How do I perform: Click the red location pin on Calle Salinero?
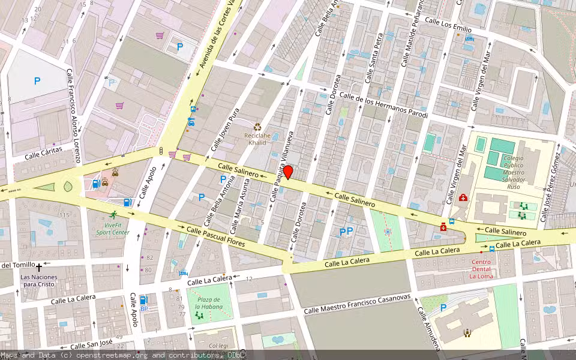click(x=288, y=172)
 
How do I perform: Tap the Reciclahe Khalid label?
click(x=257, y=139)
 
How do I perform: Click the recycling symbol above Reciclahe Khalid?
click(x=257, y=127)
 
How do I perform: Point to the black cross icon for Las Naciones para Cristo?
click(x=40, y=267)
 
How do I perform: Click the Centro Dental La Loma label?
click(x=481, y=269)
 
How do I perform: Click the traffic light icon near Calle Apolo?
click(x=161, y=151)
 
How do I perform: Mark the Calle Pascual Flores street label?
click(x=215, y=236)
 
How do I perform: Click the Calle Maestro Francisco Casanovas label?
click(x=357, y=303)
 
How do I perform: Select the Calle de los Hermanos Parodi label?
click(x=383, y=104)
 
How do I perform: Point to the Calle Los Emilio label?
click(x=448, y=25)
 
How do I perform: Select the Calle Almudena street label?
click(x=430, y=329)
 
